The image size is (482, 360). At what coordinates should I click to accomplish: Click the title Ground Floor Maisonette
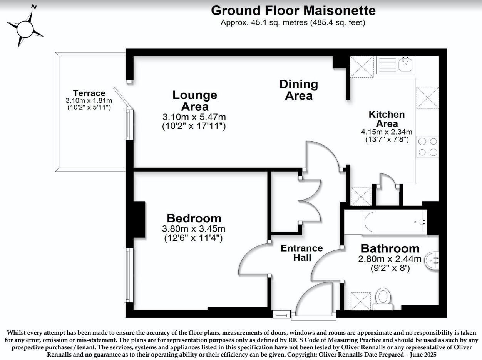pyautogui.click(x=293, y=10)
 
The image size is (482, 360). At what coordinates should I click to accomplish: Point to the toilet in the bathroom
pyautogui.click(x=383, y=298)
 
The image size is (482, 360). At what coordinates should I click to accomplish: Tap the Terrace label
pyautogui.click(x=89, y=93)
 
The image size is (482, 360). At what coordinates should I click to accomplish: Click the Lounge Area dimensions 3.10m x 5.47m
pyautogui.click(x=195, y=117)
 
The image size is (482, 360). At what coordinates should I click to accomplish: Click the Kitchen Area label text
pyautogui.click(x=387, y=119)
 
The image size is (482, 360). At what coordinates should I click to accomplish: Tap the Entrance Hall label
pyautogui.click(x=302, y=252)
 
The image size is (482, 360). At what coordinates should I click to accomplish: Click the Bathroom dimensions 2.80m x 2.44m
pyautogui.click(x=390, y=259)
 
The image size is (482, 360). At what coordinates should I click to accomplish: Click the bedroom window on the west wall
pyautogui.click(x=128, y=275)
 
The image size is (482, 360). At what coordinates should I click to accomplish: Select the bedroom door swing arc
pyautogui.click(x=250, y=260)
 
